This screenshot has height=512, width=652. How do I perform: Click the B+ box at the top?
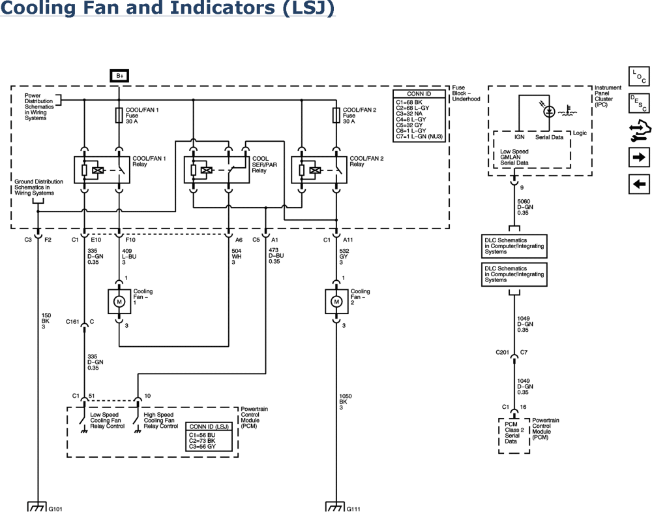(x=119, y=76)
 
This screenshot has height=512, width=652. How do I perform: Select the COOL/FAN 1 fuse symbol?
(x=119, y=116)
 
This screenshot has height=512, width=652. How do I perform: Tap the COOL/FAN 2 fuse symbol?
(x=335, y=116)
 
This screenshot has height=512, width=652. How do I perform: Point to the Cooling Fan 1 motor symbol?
(x=119, y=300)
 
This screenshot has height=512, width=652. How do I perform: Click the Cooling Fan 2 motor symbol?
(x=336, y=300)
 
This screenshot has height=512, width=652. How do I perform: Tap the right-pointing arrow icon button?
(x=638, y=157)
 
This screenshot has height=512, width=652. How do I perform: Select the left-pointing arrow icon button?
(x=638, y=184)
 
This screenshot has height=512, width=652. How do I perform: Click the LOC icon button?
(x=638, y=76)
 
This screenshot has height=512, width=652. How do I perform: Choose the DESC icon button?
(x=638, y=103)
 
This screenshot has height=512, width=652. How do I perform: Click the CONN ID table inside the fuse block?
(x=421, y=115)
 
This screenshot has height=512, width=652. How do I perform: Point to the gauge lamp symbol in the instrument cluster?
(x=550, y=112)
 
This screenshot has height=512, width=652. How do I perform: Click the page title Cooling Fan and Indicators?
(x=167, y=9)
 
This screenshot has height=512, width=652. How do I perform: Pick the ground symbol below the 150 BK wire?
(x=37, y=506)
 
